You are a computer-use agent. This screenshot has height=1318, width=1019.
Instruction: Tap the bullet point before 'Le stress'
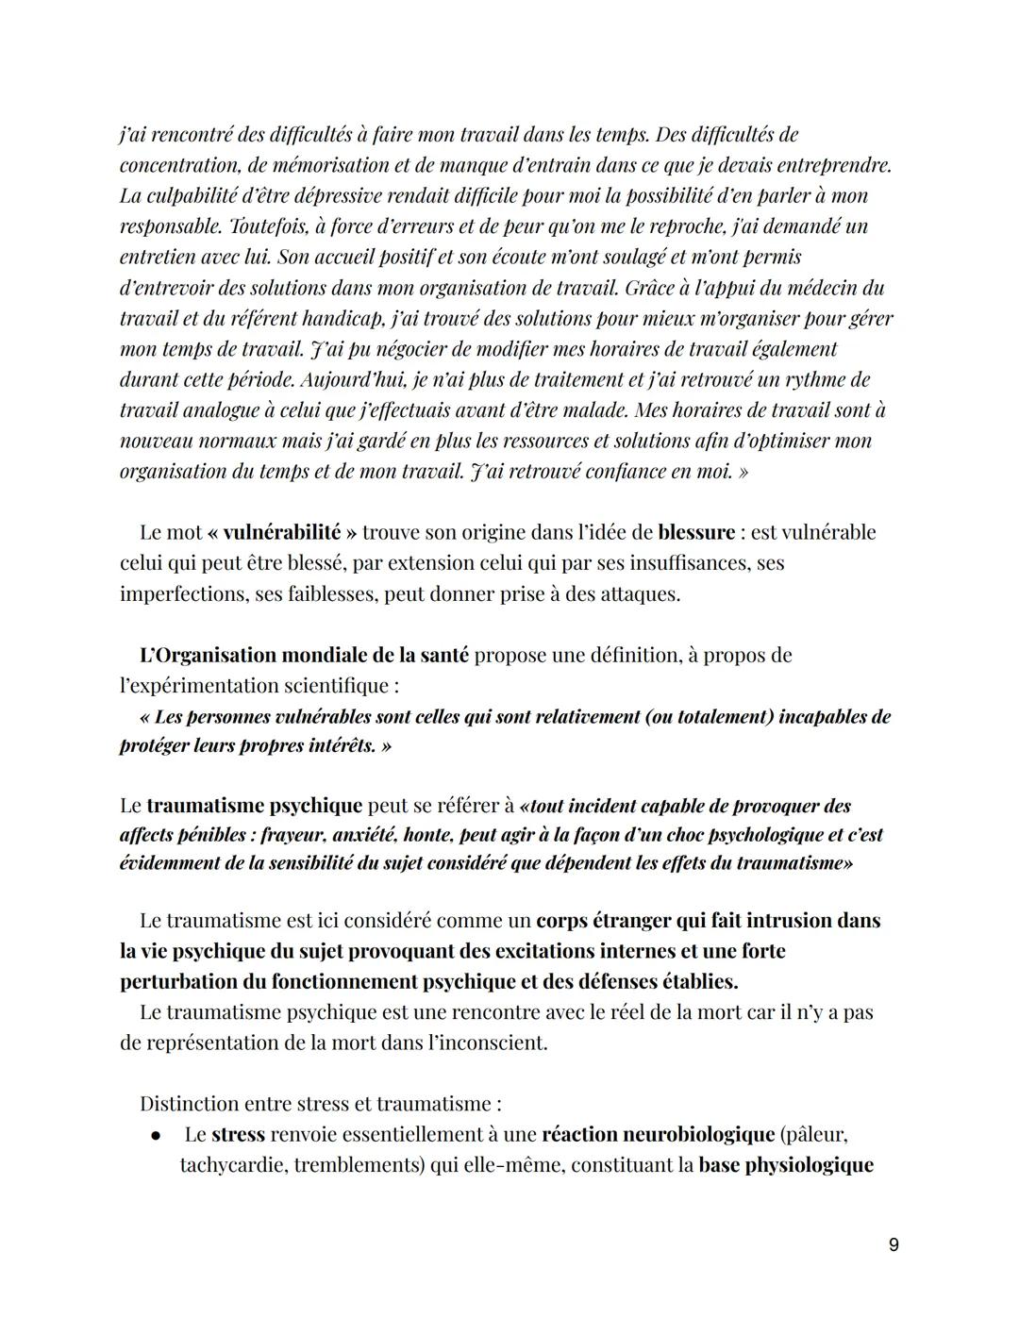(x=157, y=1135)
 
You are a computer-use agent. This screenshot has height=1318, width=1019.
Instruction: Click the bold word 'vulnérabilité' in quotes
(x=282, y=532)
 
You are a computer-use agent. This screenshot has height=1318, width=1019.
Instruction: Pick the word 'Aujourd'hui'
(x=341, y=379)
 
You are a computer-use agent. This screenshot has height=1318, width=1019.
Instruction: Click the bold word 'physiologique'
(x=809, y=1165)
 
